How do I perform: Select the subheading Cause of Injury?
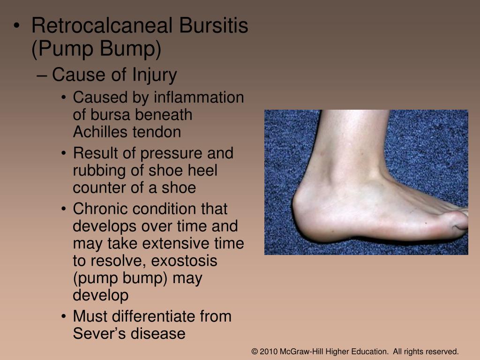click(114, 75)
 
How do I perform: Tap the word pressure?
click(173, 153)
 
